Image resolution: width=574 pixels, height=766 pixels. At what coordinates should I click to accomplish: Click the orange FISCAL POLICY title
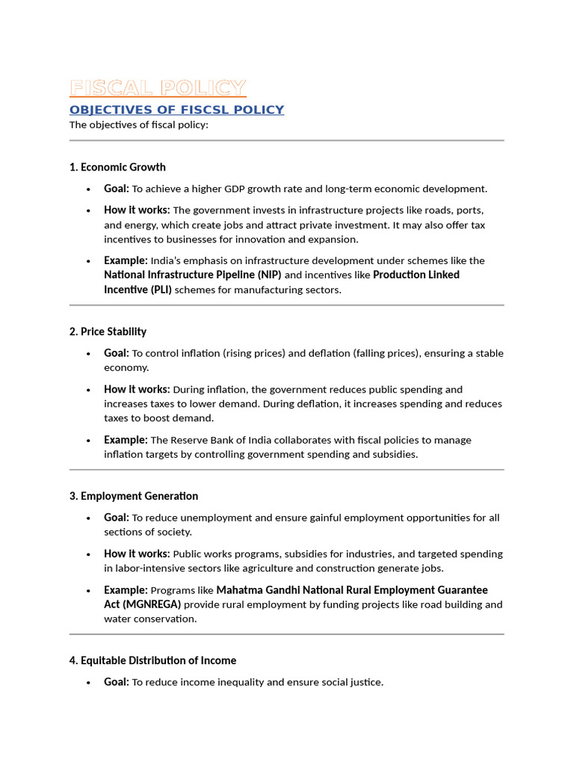click(x=157, y=88)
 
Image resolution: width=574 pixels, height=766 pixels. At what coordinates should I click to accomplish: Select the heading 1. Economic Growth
click(x=117, y=167)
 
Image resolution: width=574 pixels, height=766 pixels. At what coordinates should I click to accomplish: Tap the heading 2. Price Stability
click(x=108, y=331)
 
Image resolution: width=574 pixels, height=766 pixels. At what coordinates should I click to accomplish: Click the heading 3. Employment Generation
click(x=134, y=496)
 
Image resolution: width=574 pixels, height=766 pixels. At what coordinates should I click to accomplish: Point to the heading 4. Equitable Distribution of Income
click(x=152, y=661)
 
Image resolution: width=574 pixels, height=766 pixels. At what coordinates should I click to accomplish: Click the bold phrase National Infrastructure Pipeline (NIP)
click(x=192, y=275)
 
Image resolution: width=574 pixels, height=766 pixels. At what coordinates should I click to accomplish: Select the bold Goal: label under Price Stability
click(x=117, y=353)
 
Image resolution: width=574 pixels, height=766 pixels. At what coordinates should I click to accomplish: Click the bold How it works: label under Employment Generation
click(x=137, y=554)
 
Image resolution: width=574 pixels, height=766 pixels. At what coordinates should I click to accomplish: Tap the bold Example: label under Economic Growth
click(x=126, y=260)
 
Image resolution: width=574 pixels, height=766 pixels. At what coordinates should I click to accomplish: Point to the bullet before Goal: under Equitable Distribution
click(x=88, y=682)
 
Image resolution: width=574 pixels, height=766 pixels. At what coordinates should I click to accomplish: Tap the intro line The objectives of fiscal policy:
click(x=138, y=125)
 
